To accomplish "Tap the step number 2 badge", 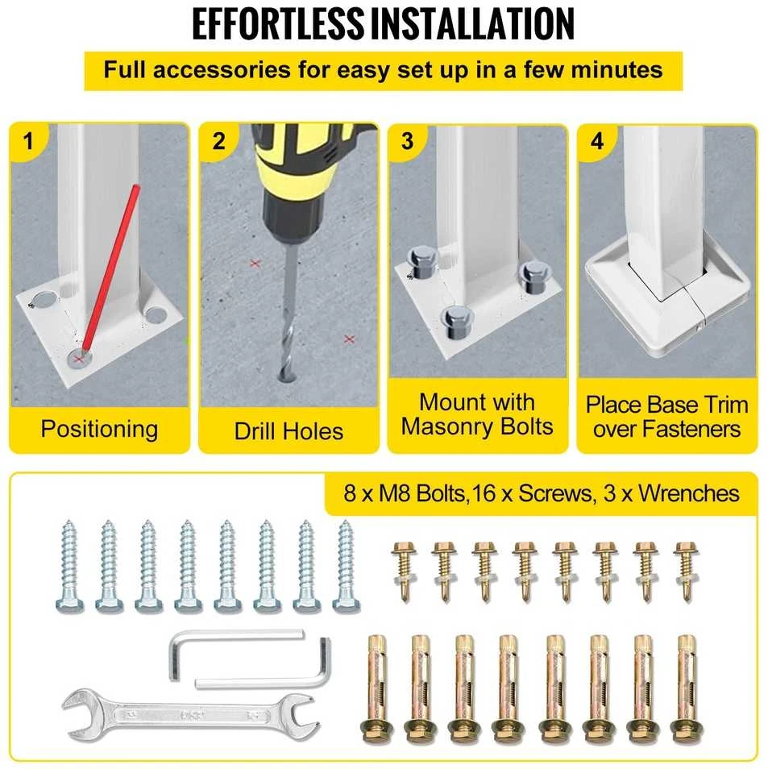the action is tap(218, 142).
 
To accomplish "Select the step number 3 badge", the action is tap(408, 142).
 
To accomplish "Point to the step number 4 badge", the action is tap(597, 142).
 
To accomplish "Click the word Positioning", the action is tap(100, 429).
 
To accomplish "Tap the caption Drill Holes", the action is tap(289, 431).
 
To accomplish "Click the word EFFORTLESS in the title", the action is tap(278, 23).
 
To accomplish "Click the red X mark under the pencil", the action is tap(78, 360).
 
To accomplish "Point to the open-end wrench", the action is tap(191, 715).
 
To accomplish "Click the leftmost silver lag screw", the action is tap(69, 567).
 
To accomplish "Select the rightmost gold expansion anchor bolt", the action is tap(689, 688).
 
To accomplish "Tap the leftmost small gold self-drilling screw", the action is tap(405, 572).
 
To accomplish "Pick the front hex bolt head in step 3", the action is tap(457, 322).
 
